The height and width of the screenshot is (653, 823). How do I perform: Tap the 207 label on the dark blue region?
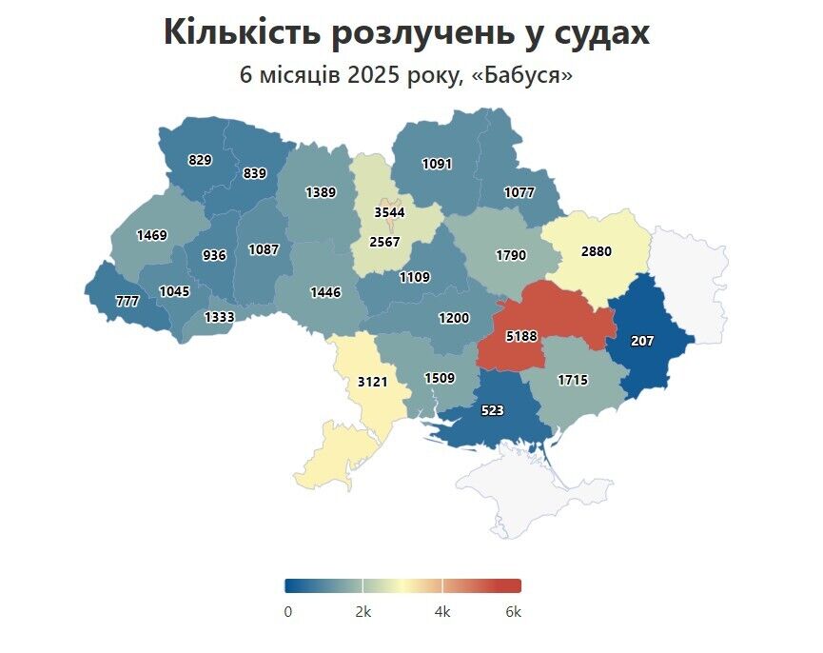[x=642, y=340]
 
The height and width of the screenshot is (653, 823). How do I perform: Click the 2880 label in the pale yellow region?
[x=597, y=252]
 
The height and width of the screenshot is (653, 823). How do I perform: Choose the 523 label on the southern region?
[x=493, y=410]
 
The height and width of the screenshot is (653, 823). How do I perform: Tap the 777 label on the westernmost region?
[x=127, y=302]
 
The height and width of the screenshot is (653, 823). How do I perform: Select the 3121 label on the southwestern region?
[x=372, y=382]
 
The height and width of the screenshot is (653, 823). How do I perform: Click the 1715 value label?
[x=573, y=380]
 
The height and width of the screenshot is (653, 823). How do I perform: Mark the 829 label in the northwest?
[x=200, y=160]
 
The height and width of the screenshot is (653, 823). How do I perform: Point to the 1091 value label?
[x=437, y=164]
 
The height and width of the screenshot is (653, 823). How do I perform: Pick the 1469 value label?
[x=151, y=234]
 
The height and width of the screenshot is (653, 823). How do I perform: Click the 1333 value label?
[x=220, y=316]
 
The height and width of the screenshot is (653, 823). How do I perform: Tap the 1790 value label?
[x=511, y=255]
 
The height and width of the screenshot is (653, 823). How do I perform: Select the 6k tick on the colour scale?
[x=513, y=612]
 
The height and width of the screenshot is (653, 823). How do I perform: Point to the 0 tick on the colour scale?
[x=288, y=612]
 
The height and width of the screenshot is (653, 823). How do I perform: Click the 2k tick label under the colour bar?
[x=363, y=612]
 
